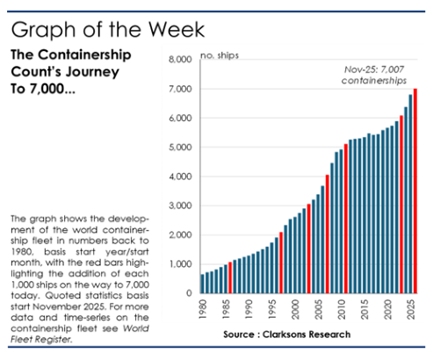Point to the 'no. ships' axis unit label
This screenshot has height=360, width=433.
pyautogui.click(x=195, y=55)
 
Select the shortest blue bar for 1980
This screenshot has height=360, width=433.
pyautogui.click(x=203, y=284)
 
